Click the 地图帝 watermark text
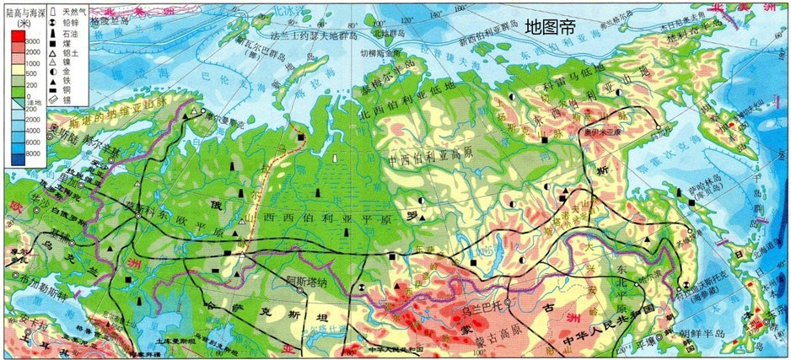click(x=550, y=26)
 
